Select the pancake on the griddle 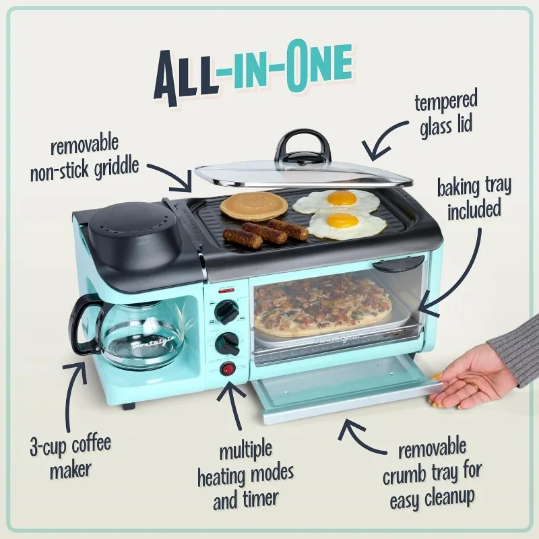244,205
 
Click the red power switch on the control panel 229,369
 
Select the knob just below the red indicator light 227,312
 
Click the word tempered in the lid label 445,103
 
